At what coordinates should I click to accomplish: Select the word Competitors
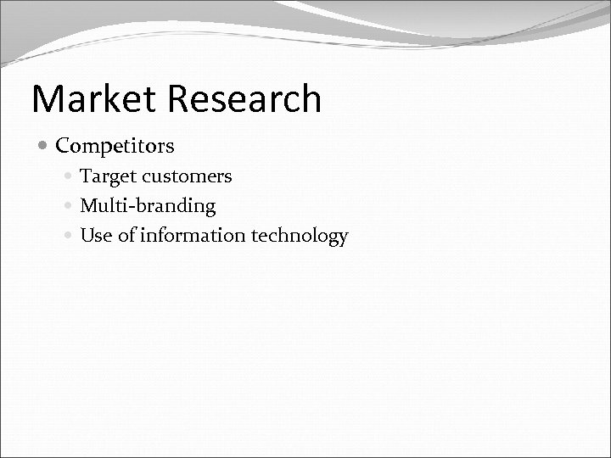pyautogui.click(x=115, y=146)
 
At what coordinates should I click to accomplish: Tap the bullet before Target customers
pyautogui.click(x=70, y=176)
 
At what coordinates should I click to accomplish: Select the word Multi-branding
pyautogui.click(x=148, y=206)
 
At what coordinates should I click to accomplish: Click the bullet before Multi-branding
pyautogui.click(x=70, y=206)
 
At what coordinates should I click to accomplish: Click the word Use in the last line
pyautogui.click(x=95, y=236)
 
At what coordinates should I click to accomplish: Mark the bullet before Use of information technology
pyautogui.click(x=70, y=236)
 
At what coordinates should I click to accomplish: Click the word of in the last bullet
pyautogui.click(x=125, y=236)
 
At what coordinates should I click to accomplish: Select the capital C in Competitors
pyautogui.click(x=63, y=146)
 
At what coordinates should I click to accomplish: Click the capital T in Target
pyautogui.click(x=86, y=176)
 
